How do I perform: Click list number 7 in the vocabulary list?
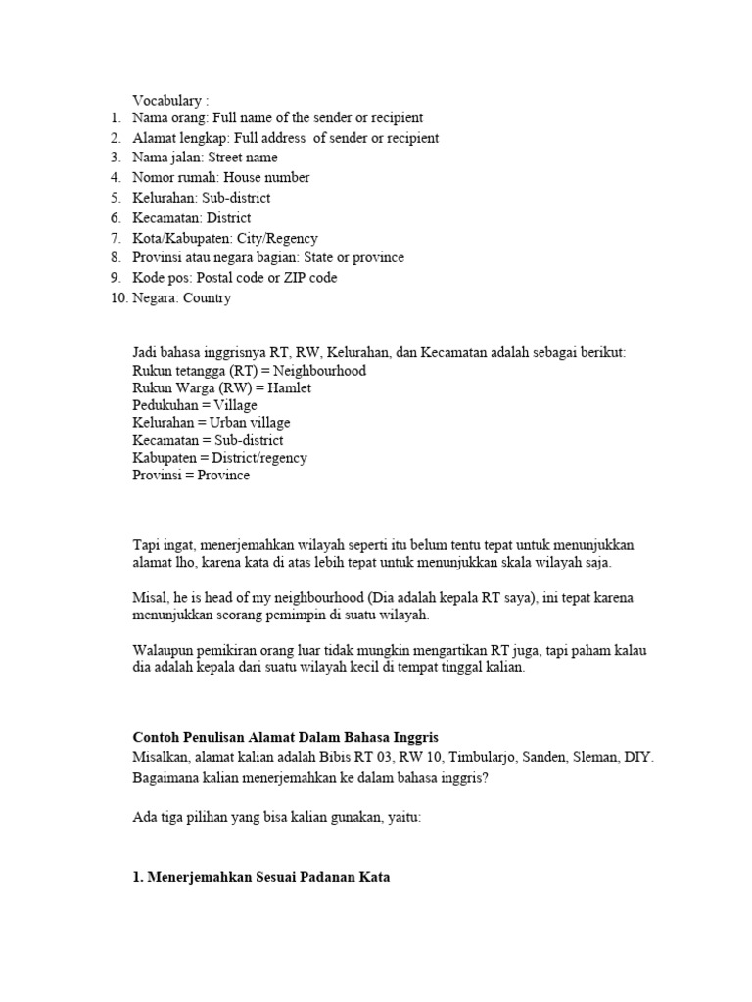116,238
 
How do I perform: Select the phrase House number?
266,178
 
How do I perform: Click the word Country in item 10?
207,298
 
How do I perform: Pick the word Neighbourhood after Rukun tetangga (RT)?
319,372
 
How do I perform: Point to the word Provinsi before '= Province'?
157,476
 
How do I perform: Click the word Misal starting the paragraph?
150,598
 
